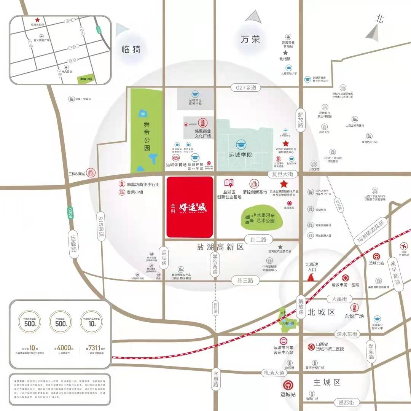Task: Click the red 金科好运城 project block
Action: click(x=190, y=207)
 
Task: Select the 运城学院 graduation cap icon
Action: click(x=241, y=144)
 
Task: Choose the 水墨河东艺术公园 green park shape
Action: click(x=263, y=218)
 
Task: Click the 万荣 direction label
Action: click(x=250, y=39)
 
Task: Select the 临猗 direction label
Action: click(x=131, y=49)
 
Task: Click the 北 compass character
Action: click(x=379, y=19)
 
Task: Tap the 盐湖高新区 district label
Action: click(x=220, y=247)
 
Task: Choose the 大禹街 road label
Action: click(x=339, y=299)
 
